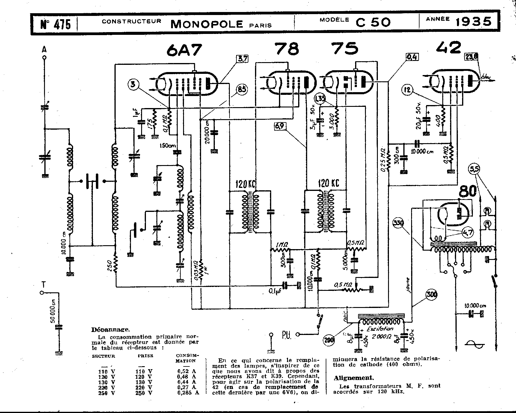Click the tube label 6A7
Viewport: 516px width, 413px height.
pos(184,50)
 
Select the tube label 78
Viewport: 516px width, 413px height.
pos(287,49)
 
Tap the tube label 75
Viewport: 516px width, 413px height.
pos(345,49)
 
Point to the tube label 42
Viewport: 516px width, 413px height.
pos(448,47)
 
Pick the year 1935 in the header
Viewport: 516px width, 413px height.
pos(474,22)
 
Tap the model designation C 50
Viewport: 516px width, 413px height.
pos(373,22)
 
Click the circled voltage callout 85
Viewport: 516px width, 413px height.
pos(241,89)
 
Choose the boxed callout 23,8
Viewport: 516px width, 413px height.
pos(471,57)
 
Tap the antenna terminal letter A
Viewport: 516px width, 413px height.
pos(44,50)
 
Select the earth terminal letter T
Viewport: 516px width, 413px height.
pos(44,284)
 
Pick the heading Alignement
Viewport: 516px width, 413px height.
pos(354,378)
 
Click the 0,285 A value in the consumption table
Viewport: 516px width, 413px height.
pos(188,392)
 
